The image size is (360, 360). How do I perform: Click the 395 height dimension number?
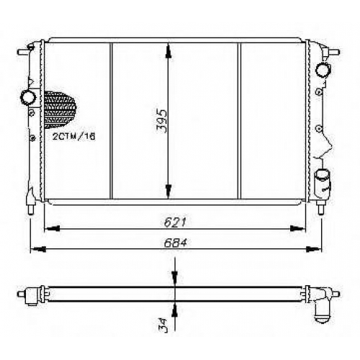(x=162, y=121)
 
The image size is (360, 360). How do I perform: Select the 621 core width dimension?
(x=175, y=222)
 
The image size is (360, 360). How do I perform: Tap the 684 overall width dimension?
(x=175, y=243)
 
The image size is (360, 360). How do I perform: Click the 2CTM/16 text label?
(x=74, y=137)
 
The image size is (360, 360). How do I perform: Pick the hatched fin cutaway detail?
(x=60, y=109)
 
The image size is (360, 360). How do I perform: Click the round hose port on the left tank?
(x=28, y=97)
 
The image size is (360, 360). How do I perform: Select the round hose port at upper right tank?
(x=323, y=69)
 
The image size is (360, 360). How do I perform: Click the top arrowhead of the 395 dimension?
(x=169, y=52)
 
